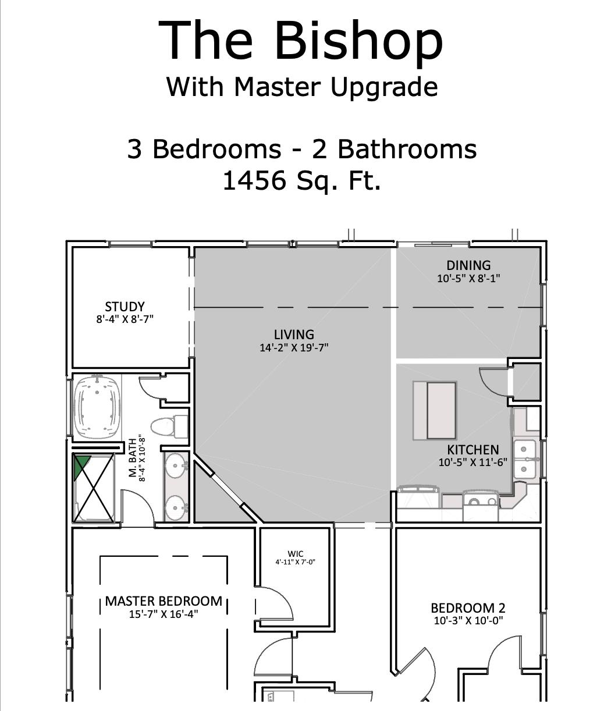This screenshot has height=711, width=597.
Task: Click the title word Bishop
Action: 358,41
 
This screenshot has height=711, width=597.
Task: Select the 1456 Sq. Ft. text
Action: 301,180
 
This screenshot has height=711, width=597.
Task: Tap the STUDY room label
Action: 125,307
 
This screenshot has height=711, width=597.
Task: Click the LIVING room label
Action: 294,335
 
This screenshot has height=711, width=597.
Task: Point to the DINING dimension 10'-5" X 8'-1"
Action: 468,278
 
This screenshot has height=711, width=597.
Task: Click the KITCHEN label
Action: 472,450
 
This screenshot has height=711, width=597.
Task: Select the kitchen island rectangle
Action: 435,410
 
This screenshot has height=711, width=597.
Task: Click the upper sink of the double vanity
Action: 175,465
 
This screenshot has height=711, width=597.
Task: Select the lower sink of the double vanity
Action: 175,507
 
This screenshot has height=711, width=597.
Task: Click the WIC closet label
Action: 295,554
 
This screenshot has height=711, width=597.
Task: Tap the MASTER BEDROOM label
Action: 164,601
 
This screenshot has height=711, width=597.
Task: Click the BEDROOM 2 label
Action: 468,608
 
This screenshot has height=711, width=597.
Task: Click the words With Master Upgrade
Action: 301,87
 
